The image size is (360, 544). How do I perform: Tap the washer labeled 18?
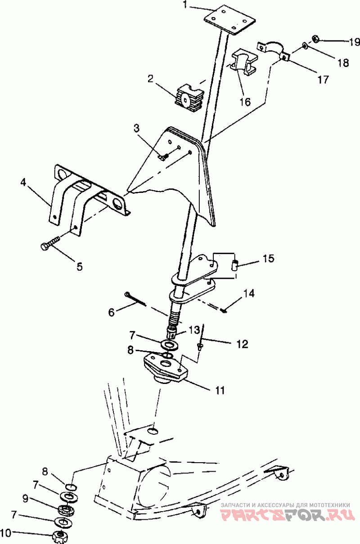[x=305, y=45]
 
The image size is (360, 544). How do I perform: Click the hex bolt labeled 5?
[x=50, y=243]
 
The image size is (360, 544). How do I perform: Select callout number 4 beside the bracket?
[x=23, y=183]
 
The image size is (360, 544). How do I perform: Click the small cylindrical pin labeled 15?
[x=234, y=264]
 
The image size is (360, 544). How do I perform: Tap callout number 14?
[x=249, y=294]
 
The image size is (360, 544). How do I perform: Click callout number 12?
[x=243, y=344]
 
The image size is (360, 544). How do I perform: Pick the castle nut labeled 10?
[x=60, y=537]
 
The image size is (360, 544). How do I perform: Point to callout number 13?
[x=194, y=330]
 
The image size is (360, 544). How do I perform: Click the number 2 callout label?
[x=151, y=79]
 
